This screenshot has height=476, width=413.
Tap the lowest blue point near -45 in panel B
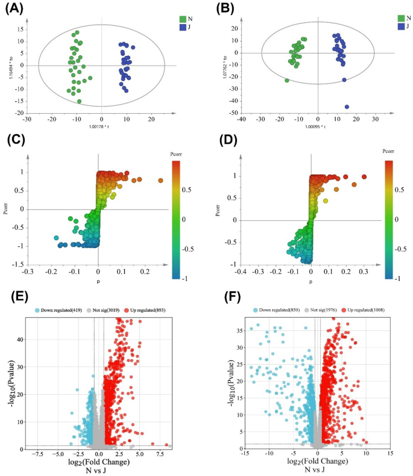point(347,107)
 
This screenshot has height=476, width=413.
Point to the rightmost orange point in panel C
point(161,181)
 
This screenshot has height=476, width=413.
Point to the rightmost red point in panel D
point(364,177)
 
